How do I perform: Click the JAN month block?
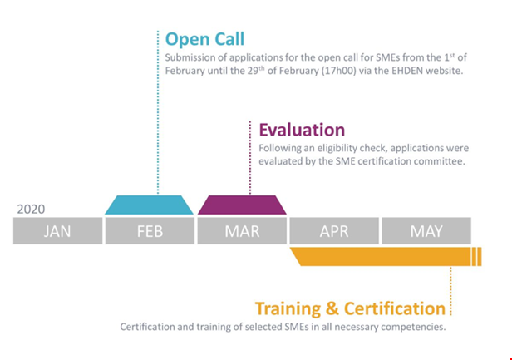click(58, 231)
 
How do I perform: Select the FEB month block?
click(150, 231)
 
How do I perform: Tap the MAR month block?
click(242, 231)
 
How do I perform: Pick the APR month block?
click(334, 231)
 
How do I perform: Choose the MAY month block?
click(426, 231)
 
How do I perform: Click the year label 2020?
click(31, 209)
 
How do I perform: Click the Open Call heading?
click(204, 40)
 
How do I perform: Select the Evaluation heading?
click(302, 130)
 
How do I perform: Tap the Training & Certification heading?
click(350, 308)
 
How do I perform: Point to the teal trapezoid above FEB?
click(150, 205)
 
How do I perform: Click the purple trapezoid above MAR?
click(242, 205)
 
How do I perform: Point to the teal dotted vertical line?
click(158, 112)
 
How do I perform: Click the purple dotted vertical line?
click(250, 158)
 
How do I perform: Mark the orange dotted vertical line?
click(450, 291)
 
